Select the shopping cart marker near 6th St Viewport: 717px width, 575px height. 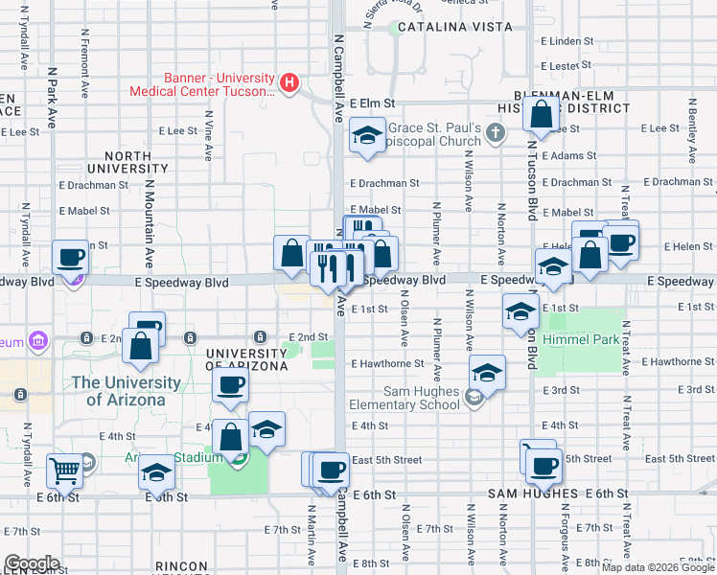coord(65,471)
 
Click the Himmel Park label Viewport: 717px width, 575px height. coord(578,339)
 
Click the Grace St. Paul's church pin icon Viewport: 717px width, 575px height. coord(496,133)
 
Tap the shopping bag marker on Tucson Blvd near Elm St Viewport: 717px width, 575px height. coord(542,115)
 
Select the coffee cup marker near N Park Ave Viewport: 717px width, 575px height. coord(70,256)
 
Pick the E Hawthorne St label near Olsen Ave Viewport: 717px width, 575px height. coord(387,364)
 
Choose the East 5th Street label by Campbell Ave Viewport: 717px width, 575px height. coord(386,460)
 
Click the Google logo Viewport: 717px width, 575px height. coord(32,563)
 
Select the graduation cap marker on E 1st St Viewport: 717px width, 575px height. coord(520,310)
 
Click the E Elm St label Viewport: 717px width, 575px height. coord(373,103)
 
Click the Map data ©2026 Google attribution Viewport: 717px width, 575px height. coord(658,567)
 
